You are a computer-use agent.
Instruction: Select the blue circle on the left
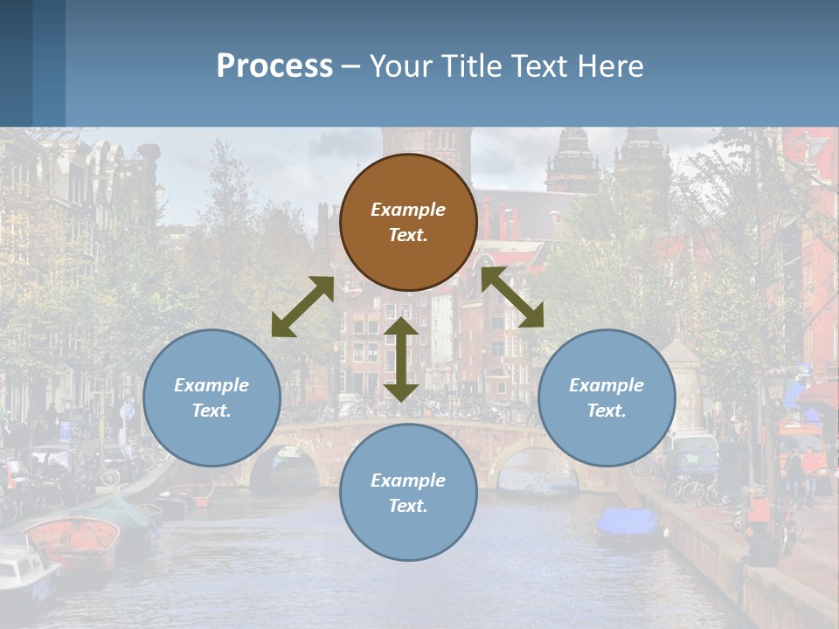point(211,397)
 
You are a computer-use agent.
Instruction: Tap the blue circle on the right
point(607,397)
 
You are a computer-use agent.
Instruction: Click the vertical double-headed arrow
point(401,359)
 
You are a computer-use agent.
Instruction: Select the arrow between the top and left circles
point(302,307)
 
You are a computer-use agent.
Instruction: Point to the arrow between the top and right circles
point(512,297)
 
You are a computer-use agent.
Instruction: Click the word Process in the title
point(274,66)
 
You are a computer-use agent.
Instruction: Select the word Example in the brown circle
point(408,210)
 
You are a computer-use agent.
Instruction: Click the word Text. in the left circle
point(211,411)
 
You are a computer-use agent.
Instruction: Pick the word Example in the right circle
point(607,384)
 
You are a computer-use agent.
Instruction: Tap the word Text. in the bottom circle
point(408,506)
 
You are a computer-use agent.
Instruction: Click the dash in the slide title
point(351,66)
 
